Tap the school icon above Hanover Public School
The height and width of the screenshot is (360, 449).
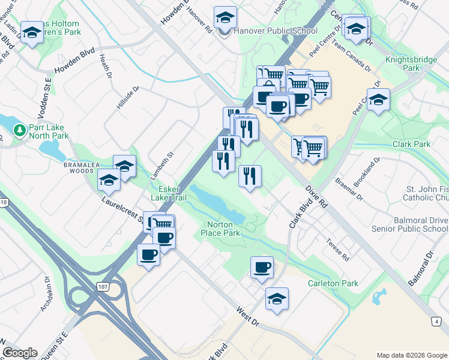tap(225, 17)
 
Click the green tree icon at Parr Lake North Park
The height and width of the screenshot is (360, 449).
tap(19, 130)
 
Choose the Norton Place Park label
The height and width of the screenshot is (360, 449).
tap(220, 229)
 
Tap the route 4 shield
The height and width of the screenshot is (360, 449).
tap(436, 321)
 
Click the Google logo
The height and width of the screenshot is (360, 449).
tap(20, 353)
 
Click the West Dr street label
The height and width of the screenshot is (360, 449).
tap(247, 316)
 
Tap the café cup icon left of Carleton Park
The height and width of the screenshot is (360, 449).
tap(261, 267)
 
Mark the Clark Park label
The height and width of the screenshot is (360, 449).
tap(411, 144)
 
